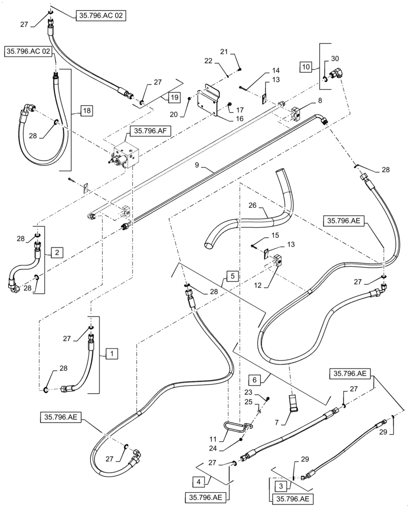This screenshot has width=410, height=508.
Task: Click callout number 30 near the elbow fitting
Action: [335, 58]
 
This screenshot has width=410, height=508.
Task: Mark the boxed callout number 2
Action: [56, 250]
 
